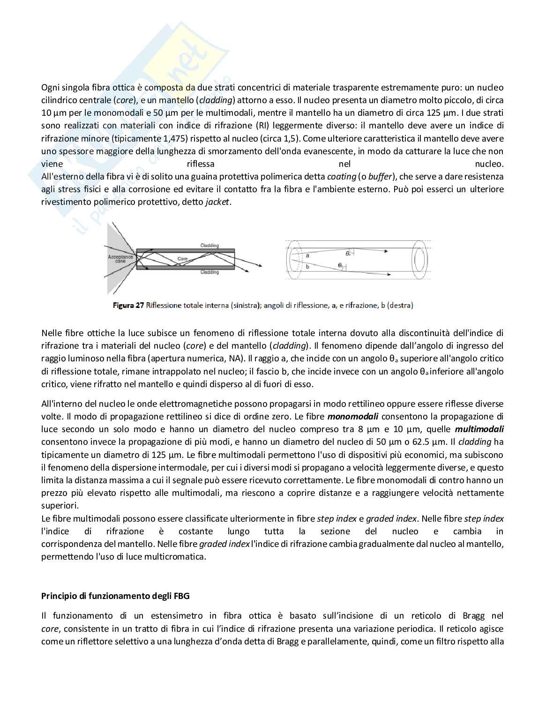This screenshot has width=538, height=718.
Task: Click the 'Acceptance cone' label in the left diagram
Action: click(x=120, y=259)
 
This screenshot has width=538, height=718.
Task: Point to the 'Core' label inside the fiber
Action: click(x=183, y=259)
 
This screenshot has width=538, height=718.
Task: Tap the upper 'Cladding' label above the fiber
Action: click(x=209, y=246)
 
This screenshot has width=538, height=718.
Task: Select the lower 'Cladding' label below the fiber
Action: click(x=209, y=272)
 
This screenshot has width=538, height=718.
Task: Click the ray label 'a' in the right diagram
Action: click(x=307, y=256)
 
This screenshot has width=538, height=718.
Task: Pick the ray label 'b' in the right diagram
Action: click(x=307, y=267)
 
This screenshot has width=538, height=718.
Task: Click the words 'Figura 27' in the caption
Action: click(x=128, y=306)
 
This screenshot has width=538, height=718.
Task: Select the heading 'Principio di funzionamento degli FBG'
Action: click(x=115, y=596)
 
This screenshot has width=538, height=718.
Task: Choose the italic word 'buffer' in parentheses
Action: click(x=380, y=177)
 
